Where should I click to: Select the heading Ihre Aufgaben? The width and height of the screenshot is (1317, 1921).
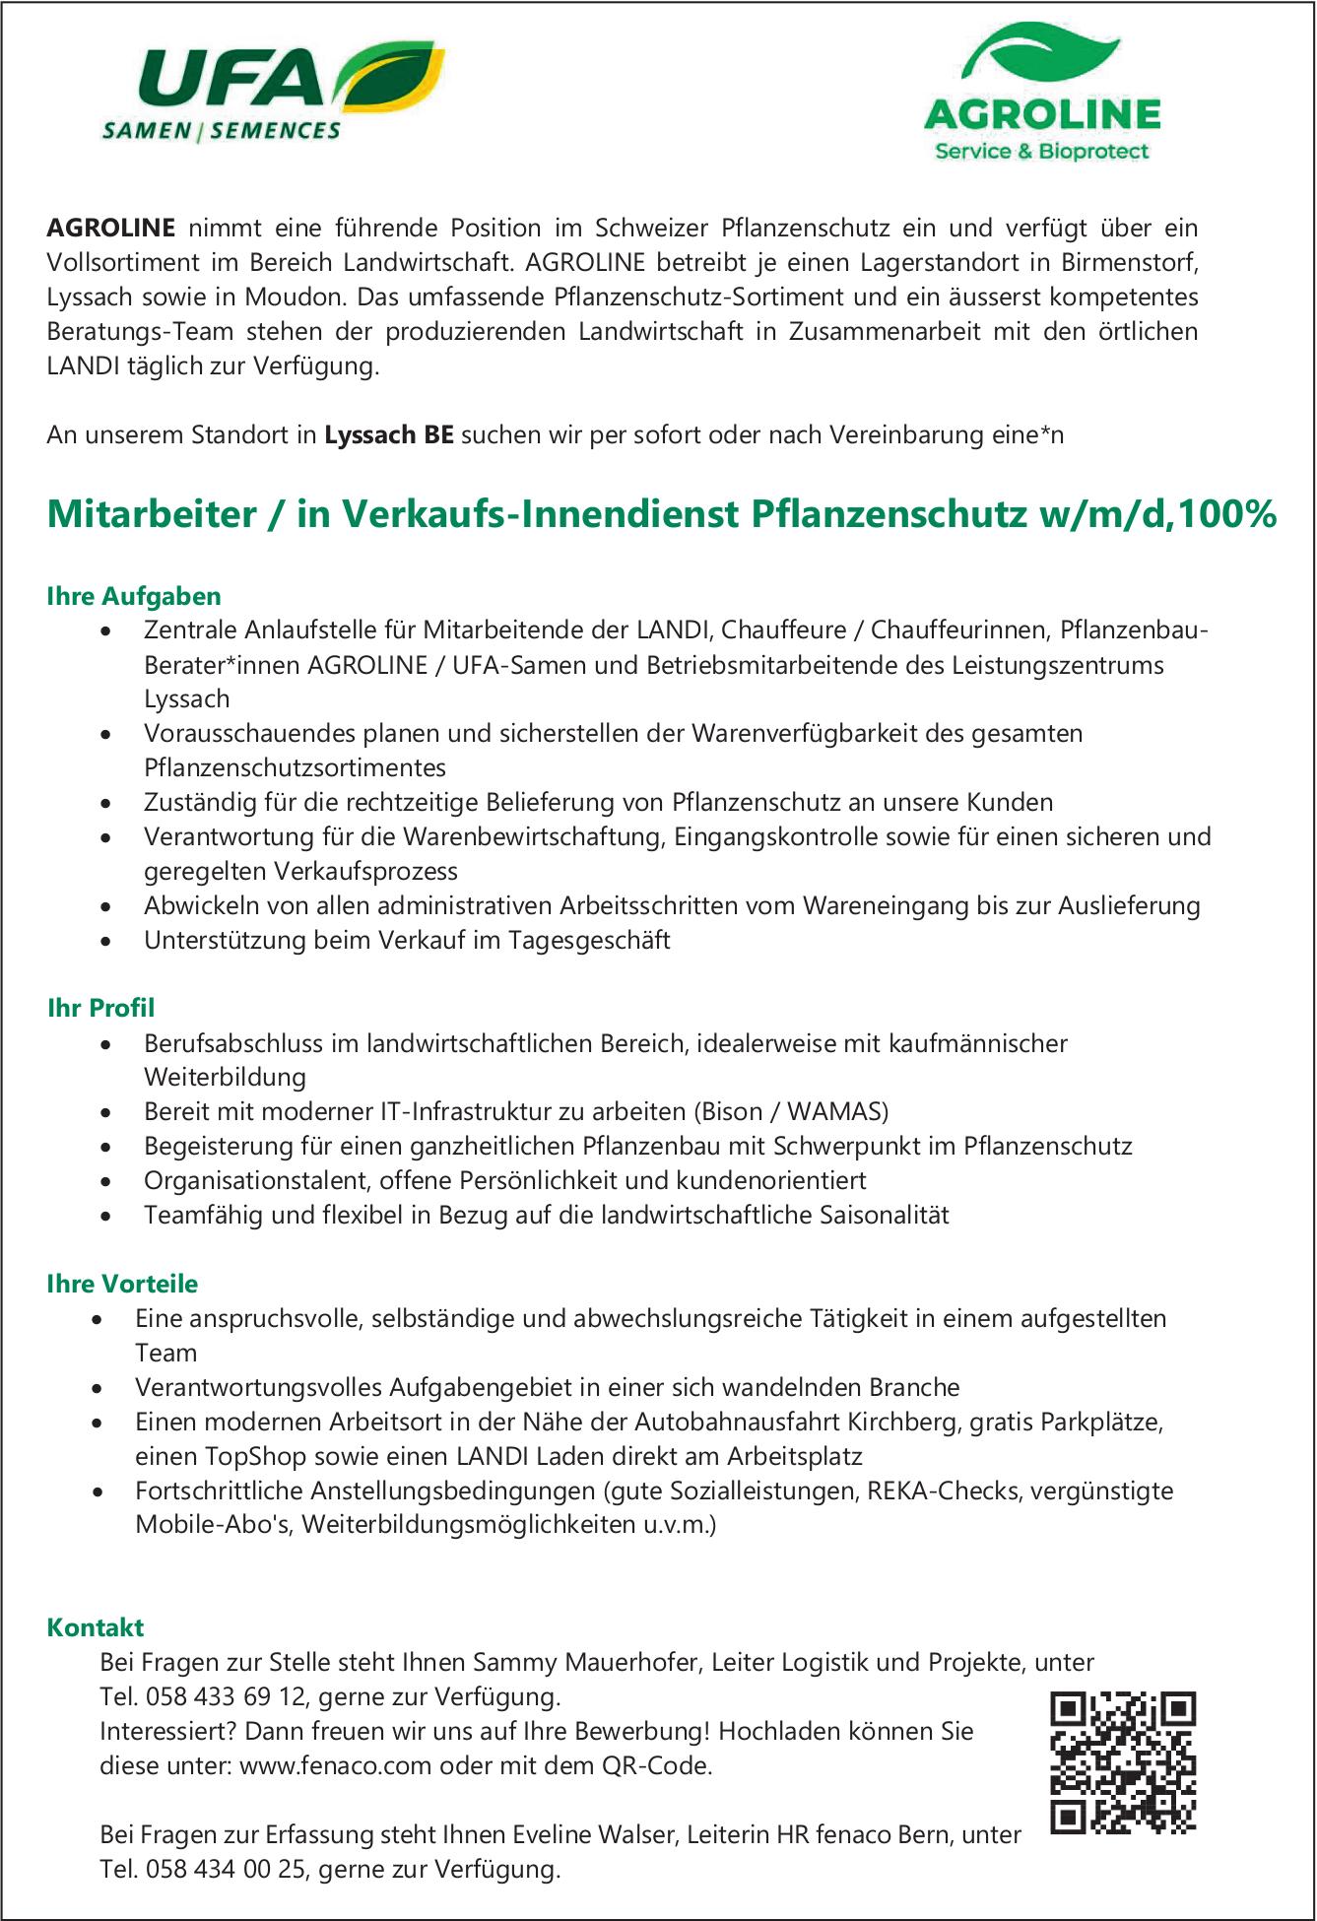coord(134,596)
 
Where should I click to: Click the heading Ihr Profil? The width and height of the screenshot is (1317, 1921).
coord(101,1008)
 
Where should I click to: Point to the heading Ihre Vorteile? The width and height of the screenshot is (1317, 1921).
coord(122,1284)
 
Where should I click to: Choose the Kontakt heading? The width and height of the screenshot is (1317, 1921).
coord(96,1627)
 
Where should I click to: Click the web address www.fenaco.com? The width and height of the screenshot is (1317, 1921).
coord(335,1765)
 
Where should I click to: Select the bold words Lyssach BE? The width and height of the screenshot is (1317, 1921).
coord(389,435)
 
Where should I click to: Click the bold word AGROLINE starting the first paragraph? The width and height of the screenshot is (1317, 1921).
coord(110,229)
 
